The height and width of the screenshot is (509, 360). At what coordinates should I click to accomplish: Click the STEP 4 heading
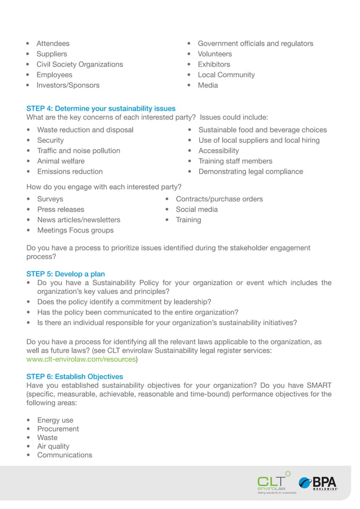[x=100, y=108]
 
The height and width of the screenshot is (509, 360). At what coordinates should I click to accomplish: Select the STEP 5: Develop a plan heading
[x=65, y=274]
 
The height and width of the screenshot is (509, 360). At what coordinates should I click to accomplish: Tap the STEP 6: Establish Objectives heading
[x=74, y=376]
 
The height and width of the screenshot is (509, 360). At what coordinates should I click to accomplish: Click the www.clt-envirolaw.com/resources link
[x=81, y=359]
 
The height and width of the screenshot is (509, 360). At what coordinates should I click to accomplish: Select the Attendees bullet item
[x=53, y=43]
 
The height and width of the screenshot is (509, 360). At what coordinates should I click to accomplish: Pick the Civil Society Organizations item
[x=80, y=64]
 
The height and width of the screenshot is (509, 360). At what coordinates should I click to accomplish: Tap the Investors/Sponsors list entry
[x=68, y=85]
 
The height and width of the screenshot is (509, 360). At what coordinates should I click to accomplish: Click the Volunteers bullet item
[x=214, y=54]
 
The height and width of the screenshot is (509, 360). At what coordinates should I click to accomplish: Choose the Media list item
[x=208, y=85]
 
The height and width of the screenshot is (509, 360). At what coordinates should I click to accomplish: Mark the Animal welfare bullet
[x=60, y=161]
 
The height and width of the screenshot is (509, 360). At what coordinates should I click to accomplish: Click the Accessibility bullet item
[x=218, y=151]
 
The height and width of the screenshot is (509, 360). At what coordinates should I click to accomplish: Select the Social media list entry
[x=196, y=209]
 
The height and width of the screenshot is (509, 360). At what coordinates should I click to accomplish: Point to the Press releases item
[x=60, y=209]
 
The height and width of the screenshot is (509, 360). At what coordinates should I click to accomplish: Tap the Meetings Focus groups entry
[x=75, y=230]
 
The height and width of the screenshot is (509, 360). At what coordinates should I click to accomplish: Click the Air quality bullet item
[x=53, y=446]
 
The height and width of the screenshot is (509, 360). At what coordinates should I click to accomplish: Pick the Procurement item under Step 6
[x=58, y=429]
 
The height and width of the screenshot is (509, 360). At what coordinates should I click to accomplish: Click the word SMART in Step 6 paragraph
[x=319, y=385]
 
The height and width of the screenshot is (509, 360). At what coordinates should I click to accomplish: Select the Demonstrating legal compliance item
[x=251, y=172]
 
